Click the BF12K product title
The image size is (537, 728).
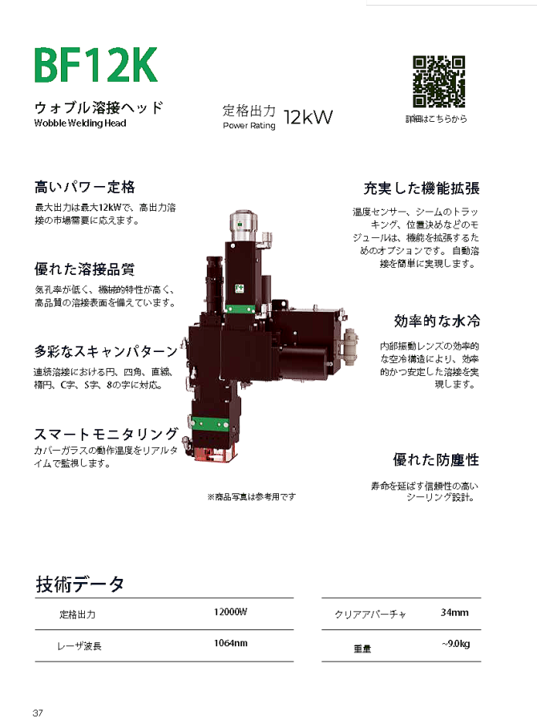coord(95,67)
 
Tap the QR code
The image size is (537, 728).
coord(438,82)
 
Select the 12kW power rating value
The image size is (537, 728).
coord(308,117)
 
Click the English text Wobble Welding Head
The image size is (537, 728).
coord(80,123)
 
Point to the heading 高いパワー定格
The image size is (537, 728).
coord(84,188)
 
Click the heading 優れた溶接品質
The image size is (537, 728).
coord(84,269)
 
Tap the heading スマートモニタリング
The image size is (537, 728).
coord(105,434)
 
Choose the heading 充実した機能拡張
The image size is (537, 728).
coord(422,189)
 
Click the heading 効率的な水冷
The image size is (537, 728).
coord(437,322)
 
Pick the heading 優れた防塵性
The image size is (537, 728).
coord(436,460)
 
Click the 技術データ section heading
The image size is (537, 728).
coord(80,584)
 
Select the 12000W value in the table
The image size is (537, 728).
coord(231,613)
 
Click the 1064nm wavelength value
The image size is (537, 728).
coord(231,644)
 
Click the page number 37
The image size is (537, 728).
coord(38,713)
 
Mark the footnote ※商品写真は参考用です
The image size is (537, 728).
coord(251,497)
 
